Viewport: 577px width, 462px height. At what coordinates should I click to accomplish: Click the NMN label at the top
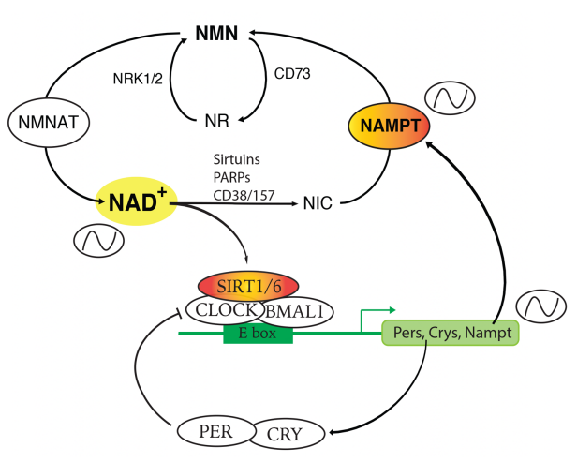(x=216, y=34)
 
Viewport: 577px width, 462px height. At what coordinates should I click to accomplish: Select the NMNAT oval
(x=49, y=123)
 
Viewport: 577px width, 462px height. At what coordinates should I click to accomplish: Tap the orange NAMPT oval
(x=389, y=126)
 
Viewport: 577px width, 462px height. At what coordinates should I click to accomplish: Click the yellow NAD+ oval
(x=137, y=201)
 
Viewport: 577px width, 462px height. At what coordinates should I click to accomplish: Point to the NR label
(x=216, y=121)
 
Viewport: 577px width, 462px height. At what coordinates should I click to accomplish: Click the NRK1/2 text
(x=138, y=79)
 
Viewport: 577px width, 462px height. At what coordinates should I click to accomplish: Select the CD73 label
(x=292, y=74)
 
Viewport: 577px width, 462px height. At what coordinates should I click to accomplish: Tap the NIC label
(x=318, y=203)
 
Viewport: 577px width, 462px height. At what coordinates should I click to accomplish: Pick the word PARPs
(x=232, y=177)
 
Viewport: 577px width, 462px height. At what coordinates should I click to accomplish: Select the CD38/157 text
(x=244, y=196)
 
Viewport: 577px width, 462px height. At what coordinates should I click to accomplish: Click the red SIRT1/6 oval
(x=248, y=287)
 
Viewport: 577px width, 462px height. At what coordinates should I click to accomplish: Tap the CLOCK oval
(x=225, y=310)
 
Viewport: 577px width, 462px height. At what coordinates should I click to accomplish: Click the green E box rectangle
(x=258, y=334)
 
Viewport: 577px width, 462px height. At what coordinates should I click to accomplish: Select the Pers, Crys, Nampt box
(x=451, y=333)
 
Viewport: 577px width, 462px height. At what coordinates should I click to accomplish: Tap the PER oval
(x=216, y=431)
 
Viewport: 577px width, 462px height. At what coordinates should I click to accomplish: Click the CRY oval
(x=286, y=434)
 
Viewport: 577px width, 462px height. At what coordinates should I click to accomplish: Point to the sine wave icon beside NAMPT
(x=450, y=98)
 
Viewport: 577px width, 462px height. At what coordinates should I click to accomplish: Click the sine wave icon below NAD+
(x=99, y=241)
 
